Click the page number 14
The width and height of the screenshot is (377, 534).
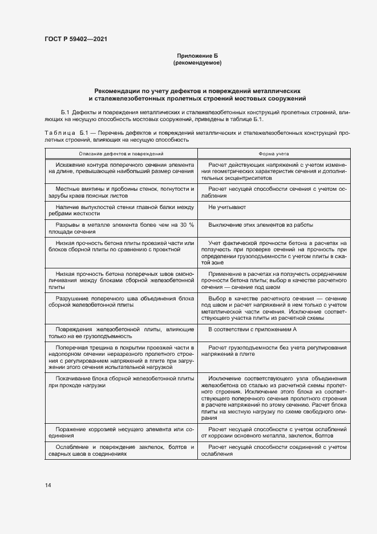47,485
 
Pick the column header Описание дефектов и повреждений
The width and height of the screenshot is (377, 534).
121,154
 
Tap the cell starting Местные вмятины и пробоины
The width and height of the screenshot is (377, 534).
121,191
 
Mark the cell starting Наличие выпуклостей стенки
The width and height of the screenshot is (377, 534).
121,210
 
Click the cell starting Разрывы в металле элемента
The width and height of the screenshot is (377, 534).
121,228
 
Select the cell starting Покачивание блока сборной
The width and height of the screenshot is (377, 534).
121,382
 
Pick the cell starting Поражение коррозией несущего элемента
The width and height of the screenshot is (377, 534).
121,432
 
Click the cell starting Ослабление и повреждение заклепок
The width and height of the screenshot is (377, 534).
121,450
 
